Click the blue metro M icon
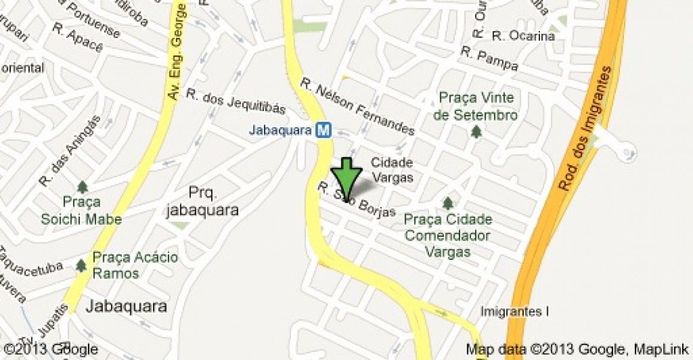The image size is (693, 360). [325, 130]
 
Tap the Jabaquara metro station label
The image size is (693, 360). [280, 130]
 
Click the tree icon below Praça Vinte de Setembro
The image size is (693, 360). [476, 131]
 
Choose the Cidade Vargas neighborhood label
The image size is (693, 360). [392, 170]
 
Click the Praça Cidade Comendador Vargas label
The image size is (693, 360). [448, 235]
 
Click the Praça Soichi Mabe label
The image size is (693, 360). [81, 211]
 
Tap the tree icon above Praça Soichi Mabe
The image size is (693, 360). [82, 187]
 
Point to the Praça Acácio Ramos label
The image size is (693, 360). [135, 265]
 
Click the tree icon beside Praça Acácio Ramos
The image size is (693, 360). [81, 265]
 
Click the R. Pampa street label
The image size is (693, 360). [489, 60]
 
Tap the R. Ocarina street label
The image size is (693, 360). [523, 36]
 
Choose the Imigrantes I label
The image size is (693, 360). [515, 311]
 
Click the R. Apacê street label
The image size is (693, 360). [78, 37]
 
